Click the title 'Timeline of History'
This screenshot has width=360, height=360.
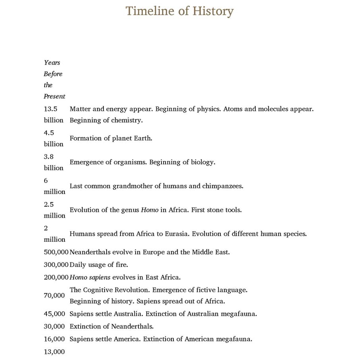(x=179, y=11)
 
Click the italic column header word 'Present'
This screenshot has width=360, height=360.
(x=54, y=96)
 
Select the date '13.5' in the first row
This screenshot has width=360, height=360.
(x=51, y=109)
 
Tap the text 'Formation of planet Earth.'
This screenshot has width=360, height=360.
(x=111, y=138)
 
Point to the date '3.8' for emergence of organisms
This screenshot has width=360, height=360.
(x=49, y=156)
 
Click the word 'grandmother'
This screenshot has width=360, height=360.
(x=134, y=186)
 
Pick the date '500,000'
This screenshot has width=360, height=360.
(x=56, y=252)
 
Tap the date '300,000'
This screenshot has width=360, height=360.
(x=56, y=265)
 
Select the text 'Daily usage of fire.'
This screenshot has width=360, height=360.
(x=99, y=265)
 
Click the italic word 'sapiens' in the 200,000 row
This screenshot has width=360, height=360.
(x=100, y=277)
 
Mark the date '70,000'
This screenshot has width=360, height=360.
(x=54, y=296)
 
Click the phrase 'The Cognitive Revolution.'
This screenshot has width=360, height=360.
(x=109, y=290)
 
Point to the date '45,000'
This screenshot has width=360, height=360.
(x=54, y=314)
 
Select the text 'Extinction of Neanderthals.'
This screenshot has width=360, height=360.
(x=111, y=327)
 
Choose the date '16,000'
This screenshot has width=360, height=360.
(x=54, y=339)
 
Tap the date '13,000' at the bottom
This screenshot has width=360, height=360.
(x=54, y=352)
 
